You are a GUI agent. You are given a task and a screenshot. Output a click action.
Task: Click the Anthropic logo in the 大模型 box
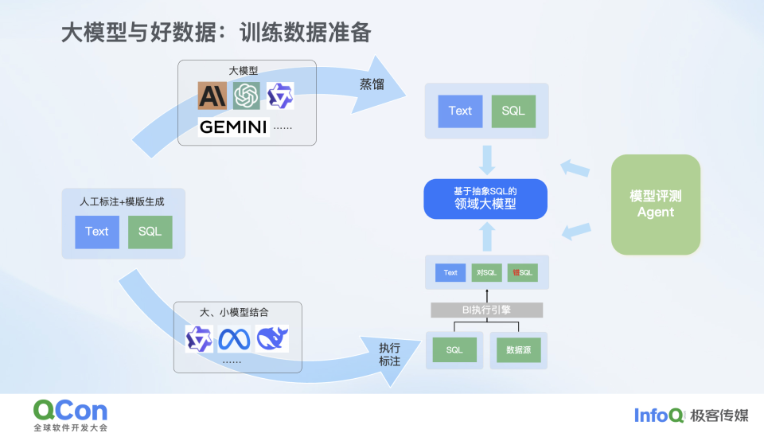pyautogui.click(x=212, y=96)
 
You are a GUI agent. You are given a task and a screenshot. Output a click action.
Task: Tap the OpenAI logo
pyautogui.click(x=247, y=96)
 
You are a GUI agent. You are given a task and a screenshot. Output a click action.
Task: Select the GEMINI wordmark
pyautogui.click(x=233, y=127)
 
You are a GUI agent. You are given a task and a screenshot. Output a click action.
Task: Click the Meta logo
pyautogui.click(x=235, y=339)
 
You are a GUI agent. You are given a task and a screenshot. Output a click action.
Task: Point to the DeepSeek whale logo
pyautogui.click(x=272, y=339)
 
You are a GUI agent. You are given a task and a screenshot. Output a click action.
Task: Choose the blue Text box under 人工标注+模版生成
pyautogui.click(x=97, y=232)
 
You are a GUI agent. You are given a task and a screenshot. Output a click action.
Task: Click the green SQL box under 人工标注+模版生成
pyautogui.click(x=150, y=232)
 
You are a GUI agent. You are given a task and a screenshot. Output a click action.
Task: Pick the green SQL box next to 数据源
pyautogui.click(x=454, y=349)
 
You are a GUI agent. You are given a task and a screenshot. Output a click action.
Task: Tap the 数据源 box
pyautogui.click(x=518, y=349)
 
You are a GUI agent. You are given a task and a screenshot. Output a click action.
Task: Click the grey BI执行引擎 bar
pyautogui.click(x=486, y=310)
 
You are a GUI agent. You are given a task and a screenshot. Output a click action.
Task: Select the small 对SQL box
pyautogui.click(x=486, y=273)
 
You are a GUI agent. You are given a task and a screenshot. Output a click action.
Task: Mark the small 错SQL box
pyautogui.click(x=522, y=273)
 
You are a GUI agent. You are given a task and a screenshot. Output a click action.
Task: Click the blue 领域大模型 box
pyautogui.click(x=485, y=198)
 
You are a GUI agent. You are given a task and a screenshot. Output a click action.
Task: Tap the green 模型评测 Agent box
pyautogui.click(x=655, y=205)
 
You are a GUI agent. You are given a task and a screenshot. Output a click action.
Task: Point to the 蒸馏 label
pyautogui.click(x=372, y=84)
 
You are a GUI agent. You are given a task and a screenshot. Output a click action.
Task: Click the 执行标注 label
pyautogui.click(x=389, y=356)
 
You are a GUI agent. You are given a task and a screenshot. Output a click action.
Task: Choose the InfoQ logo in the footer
pyautogui.click(x=659, y=415)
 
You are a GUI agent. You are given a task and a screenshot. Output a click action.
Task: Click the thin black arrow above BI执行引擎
pyautogui.click(x=486, y=295)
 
